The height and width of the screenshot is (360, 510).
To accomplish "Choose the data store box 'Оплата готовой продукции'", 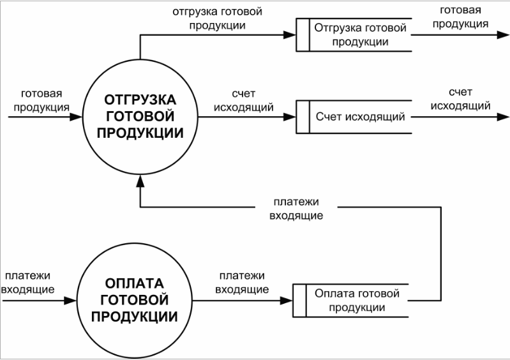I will coord(350,300).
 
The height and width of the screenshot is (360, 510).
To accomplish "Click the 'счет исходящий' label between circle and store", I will coord(244,100).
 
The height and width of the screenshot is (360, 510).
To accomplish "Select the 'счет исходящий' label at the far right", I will coord(460,100).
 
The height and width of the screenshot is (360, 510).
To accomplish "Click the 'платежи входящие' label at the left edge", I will coord(28,283).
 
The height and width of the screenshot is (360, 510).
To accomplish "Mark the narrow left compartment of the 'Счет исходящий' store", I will coord(303,117).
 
